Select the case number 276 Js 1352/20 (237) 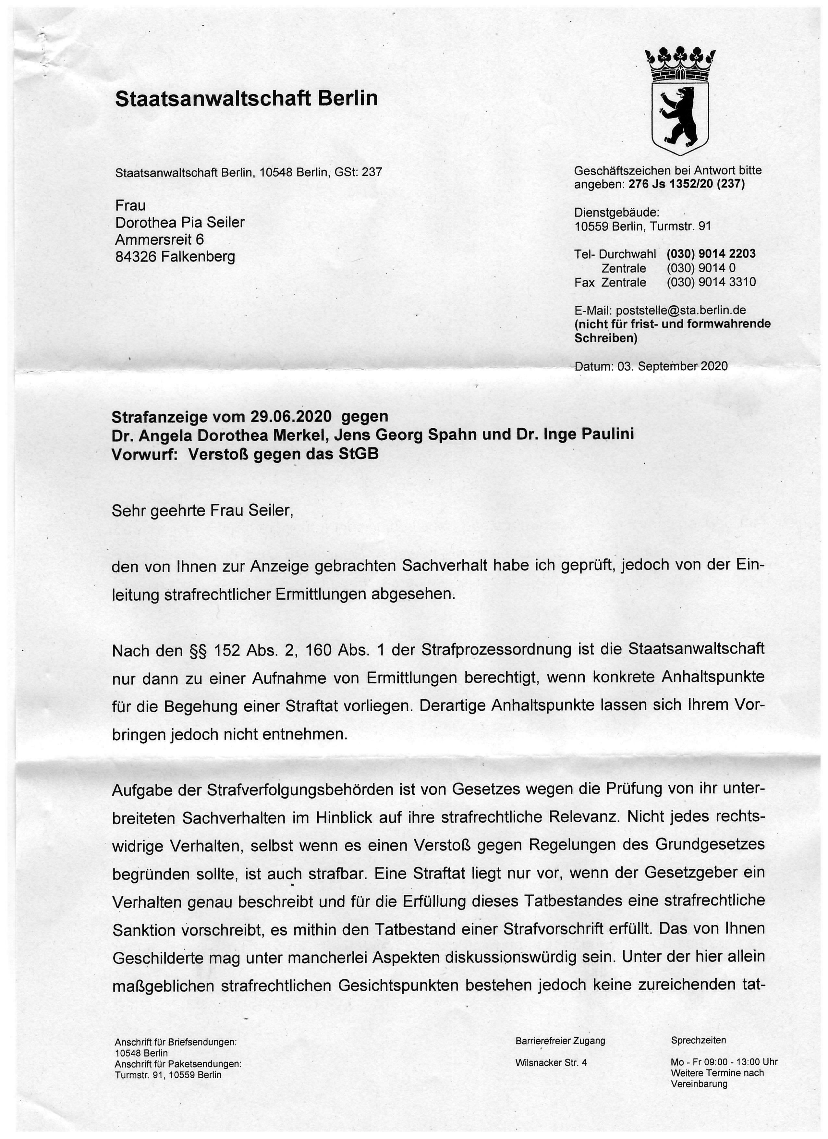pos(687,184)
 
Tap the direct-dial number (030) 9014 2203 pos(711,254)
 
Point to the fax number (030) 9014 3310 pos(711,282)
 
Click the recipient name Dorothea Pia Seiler pos(180,223)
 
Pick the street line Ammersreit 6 pos(160,239)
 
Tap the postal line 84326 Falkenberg pos(175,257)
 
